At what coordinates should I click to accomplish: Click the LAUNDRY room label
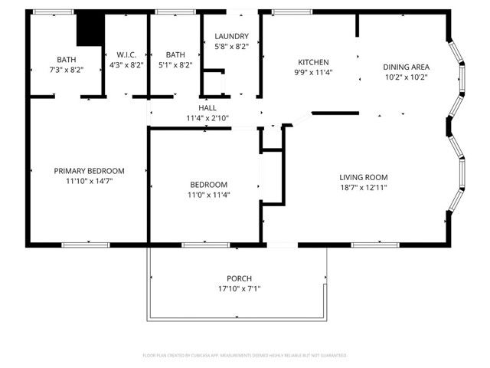coord(231,36)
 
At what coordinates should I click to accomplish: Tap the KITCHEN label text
coord(313,63)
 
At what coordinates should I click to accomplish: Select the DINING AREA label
coord(406,67)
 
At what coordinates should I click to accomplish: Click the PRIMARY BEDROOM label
coord(89,171)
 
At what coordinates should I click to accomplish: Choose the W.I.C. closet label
coord(126,54)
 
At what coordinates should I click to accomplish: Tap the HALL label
coord(207,108)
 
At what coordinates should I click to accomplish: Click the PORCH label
coord(239,278)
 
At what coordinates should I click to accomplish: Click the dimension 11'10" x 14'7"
coord(89,181)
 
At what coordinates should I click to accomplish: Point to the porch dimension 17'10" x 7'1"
coord(239,288)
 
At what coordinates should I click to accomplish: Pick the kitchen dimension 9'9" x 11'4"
coord(313,73)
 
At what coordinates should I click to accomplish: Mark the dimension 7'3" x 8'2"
coord(66,70)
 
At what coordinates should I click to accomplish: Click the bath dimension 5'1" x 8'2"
coord(175,65)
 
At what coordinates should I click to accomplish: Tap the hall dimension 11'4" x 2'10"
coord(207,118)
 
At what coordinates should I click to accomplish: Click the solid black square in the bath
coord(90,30)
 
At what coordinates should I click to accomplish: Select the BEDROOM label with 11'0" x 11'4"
coord(209,185)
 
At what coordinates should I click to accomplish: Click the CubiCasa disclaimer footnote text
coord(245,356)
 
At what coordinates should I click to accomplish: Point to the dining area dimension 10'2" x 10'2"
coord(406,77)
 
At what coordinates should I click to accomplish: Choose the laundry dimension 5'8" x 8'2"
coord(231,46)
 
